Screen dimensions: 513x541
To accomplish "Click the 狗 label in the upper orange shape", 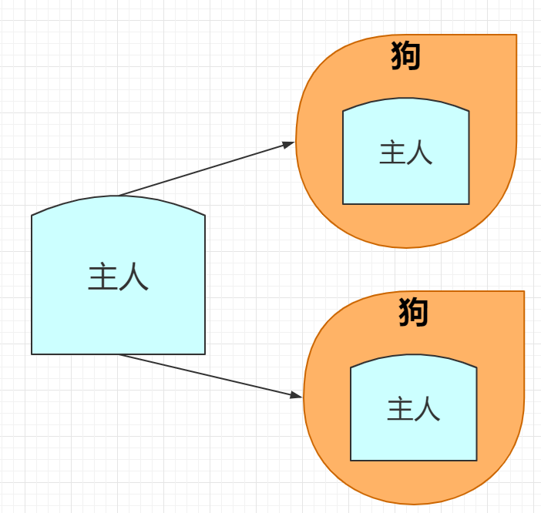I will coord(406,56).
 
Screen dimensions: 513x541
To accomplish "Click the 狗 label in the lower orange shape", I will coord(414,312).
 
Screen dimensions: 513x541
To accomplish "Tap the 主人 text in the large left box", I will coord(118,277).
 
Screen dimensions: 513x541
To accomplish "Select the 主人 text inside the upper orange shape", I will coord(406,153).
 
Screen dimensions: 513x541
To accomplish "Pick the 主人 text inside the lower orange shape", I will coord(414,409).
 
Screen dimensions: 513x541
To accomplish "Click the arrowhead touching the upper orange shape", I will coord(291,143).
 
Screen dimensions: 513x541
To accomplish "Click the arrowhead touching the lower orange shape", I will coord(297,396).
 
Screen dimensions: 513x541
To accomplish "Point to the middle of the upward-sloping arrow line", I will coord(207,169).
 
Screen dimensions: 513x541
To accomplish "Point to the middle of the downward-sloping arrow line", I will coord(210,375).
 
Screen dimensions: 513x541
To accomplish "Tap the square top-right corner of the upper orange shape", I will coord(516,35).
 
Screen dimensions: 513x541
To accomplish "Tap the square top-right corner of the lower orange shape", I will coord(523,292).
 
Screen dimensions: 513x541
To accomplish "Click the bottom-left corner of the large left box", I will coord(32,354).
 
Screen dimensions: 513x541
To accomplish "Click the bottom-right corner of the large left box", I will coord(204,354).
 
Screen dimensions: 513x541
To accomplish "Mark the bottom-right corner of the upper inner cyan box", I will coord(469,203).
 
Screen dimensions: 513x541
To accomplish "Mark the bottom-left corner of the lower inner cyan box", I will coord(351,460).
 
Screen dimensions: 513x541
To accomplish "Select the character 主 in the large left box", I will coord(102,277).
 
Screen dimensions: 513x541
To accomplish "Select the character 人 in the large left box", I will coord(134,277).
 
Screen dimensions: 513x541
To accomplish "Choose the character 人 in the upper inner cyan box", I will coord(420,153).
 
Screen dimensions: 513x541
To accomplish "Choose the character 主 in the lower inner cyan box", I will coord(400,409).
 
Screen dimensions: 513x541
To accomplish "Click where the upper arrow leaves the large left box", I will coord(119,196).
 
